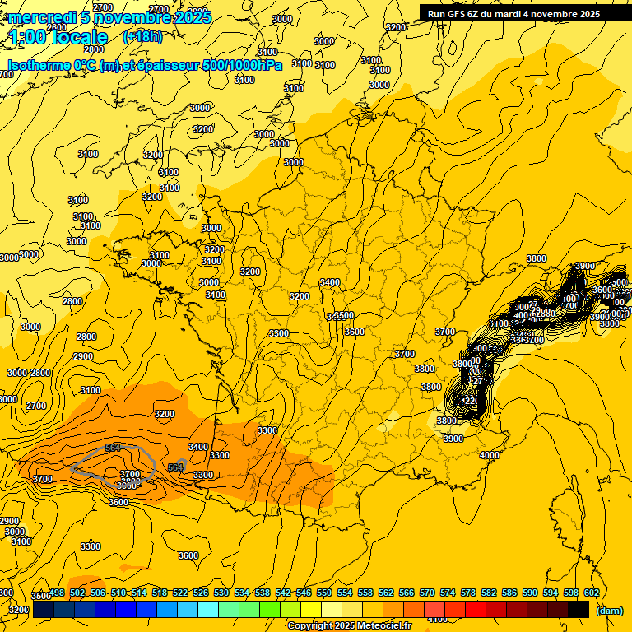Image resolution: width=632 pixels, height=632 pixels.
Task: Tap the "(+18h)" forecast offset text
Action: pos(142,36)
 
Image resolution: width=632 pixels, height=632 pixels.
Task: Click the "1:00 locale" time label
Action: pos(59,37)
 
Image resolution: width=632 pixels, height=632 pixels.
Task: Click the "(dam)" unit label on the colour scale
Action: pos(608,610)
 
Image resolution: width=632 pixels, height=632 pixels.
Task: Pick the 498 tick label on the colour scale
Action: pos(57,592)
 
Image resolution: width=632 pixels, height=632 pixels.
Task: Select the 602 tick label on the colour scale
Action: pos(590,592)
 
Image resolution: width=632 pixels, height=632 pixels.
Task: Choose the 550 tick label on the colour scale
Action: pos(323,592)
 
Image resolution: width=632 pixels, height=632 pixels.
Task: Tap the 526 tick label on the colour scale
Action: pos(201,592)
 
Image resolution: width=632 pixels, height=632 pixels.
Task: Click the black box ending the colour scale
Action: pos(578,609)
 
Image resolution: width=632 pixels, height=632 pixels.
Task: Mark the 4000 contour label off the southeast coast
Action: pos(490,455)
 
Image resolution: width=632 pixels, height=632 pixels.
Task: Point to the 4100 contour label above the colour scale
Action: pos(439,619)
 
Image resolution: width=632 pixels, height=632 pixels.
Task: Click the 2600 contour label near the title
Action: pos(57,27)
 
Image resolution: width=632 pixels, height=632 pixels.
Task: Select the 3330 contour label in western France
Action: pos(279,333)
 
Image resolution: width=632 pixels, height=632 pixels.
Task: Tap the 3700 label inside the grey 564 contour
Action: pos(130,475)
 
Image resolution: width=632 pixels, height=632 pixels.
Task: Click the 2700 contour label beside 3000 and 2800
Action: pos(35,406)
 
